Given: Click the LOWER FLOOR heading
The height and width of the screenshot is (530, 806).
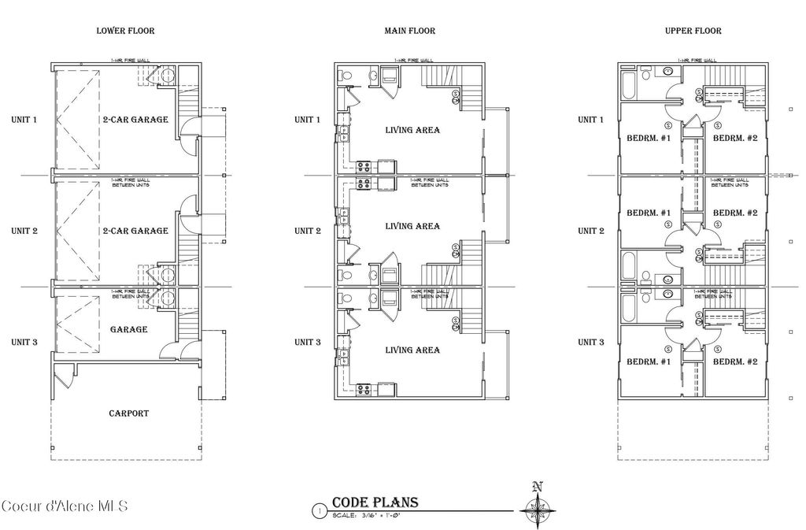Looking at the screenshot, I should tap(125, 32).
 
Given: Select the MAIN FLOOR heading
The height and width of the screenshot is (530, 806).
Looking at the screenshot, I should tap(409, 32).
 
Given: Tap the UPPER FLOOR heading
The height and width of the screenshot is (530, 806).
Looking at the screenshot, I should tap(693, 32).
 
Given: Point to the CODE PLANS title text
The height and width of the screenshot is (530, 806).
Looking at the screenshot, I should tap(375, 503).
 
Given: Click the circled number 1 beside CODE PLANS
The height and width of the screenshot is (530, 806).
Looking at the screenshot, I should tap(319, 510).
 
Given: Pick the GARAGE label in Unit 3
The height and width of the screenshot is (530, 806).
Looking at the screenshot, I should tap(129, 329).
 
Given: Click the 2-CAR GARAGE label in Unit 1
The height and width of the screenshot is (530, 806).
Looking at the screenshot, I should tap(135, 120).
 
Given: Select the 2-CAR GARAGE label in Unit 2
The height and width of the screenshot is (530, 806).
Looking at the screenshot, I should tap(135, 231).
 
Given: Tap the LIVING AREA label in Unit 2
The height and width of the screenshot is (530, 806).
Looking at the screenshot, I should tap(412, 226).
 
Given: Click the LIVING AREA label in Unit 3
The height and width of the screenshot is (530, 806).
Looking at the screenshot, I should tap(412, 350).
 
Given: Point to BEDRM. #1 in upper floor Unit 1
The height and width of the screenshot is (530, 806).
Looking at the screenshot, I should tap(649, 139).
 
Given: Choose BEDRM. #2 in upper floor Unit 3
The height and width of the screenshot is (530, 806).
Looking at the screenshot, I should tap(734, 361).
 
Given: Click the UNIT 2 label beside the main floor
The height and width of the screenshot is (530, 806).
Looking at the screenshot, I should tap(307, 231).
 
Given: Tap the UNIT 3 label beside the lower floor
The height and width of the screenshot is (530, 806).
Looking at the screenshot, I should tap(24, 342).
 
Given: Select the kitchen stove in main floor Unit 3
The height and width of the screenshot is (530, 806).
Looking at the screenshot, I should tap(364, 388).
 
